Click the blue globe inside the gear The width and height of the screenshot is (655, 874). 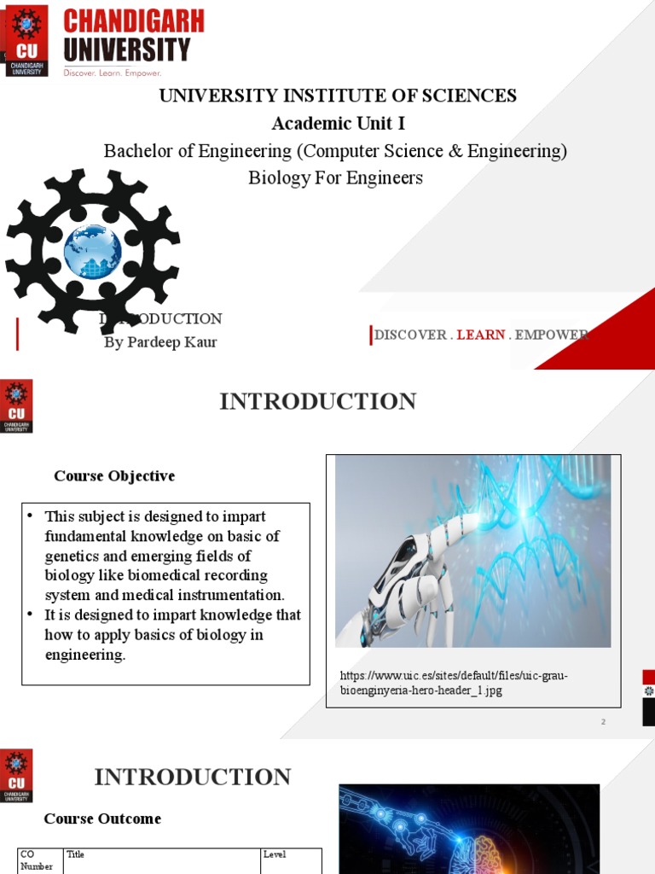point(92,251)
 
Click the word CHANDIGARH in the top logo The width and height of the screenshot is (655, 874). point(135,20)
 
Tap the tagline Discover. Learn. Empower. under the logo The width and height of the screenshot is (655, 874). point(113,73)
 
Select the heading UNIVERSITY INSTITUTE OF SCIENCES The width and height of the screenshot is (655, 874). point(338,96)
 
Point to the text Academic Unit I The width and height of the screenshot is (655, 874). point(338,124)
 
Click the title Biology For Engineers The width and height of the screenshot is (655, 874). point(335,178)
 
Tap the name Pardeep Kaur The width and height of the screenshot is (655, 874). point(160,342)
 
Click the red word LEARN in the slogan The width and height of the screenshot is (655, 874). point(481,335)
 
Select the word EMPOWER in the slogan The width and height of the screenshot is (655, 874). point(552,335)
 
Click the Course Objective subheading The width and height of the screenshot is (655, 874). point(114,476)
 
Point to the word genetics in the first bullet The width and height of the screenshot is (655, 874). point(72,556)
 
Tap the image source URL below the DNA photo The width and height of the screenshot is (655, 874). point(453,684)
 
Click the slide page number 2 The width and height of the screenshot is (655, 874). point(603,722)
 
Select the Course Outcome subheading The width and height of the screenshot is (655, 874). point(102,819)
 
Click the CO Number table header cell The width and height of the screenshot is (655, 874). point(39,860)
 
